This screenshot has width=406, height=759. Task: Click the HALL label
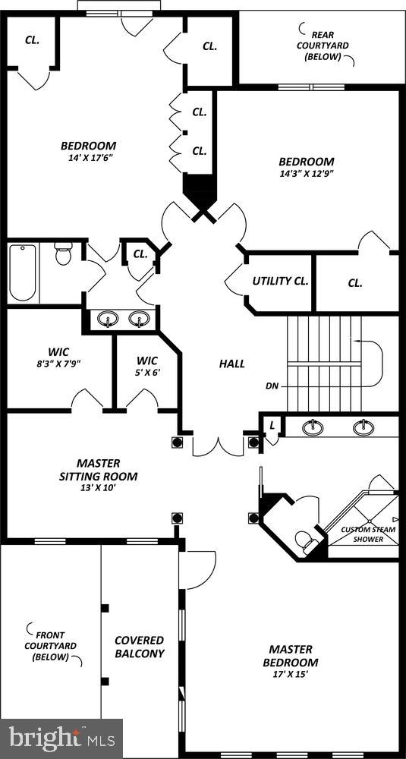[232, 364]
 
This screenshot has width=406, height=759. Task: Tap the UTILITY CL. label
[280, 281]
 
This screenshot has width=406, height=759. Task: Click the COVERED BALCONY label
[139, 647]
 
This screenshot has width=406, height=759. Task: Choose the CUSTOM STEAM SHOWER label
[367, 534]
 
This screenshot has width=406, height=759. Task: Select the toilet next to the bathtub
[63, 254]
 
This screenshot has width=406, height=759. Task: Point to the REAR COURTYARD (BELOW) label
[326, 46]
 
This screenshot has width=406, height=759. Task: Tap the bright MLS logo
[62, 737]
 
